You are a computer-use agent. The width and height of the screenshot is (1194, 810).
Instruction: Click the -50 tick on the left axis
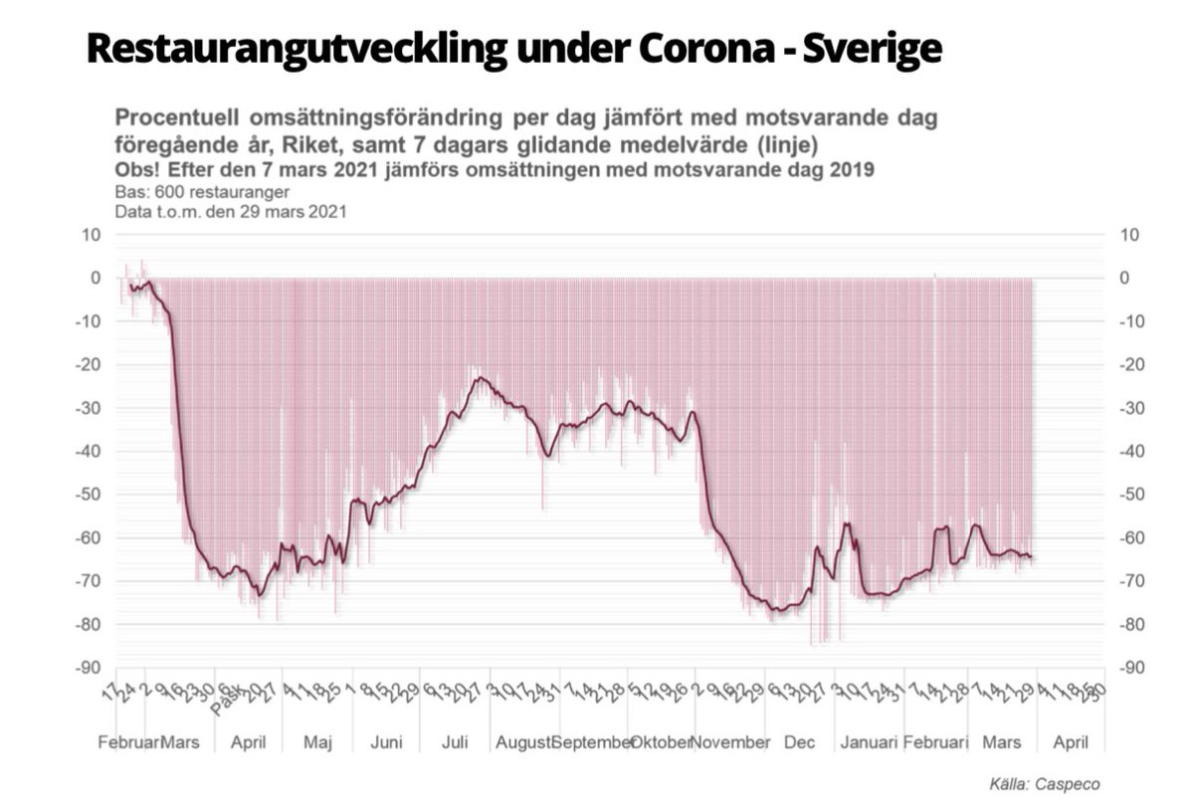click(x=89, y=495)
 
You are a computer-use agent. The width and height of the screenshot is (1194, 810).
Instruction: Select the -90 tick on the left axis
click(x=89, y=668)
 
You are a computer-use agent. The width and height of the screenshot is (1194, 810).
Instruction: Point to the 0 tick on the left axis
click(x=96, y=279)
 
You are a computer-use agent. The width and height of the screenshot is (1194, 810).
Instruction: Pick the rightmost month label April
click(x=1071, y=742)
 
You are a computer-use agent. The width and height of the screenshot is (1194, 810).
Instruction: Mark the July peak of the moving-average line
click(x=481, y=378)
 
